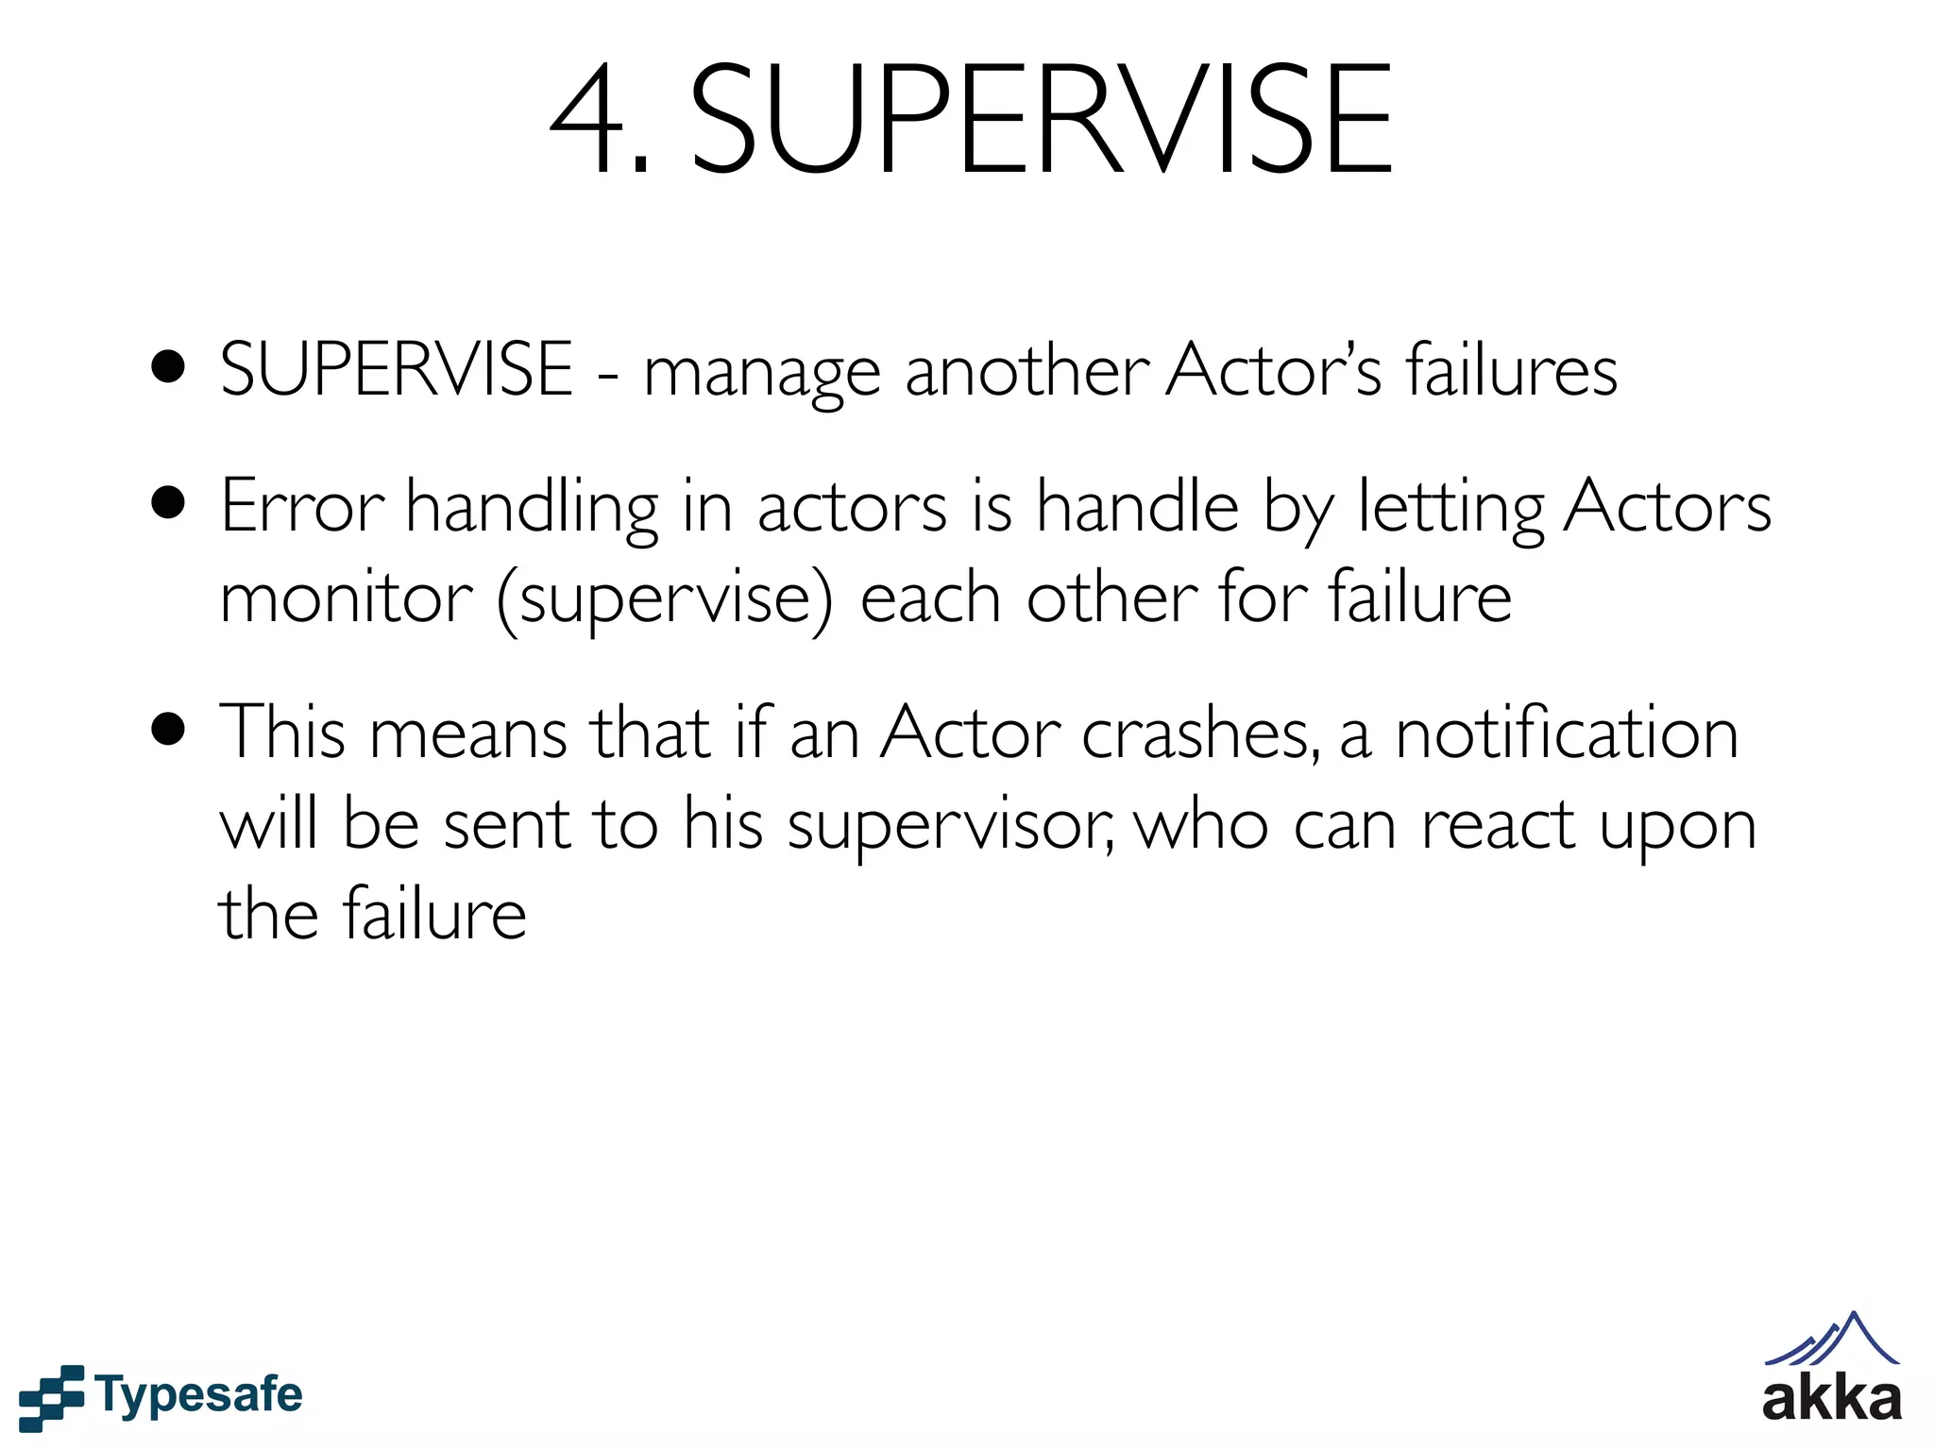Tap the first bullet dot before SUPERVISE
coord(168,369)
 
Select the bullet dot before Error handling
coord(168,504)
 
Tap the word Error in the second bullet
coord(301,507)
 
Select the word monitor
coord(346,599)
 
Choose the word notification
coord(1567,732)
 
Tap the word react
coord(1498,824)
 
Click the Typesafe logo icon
coord(51,1396)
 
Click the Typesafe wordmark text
coord(199,1395)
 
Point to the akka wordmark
coord(1832,1399)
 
